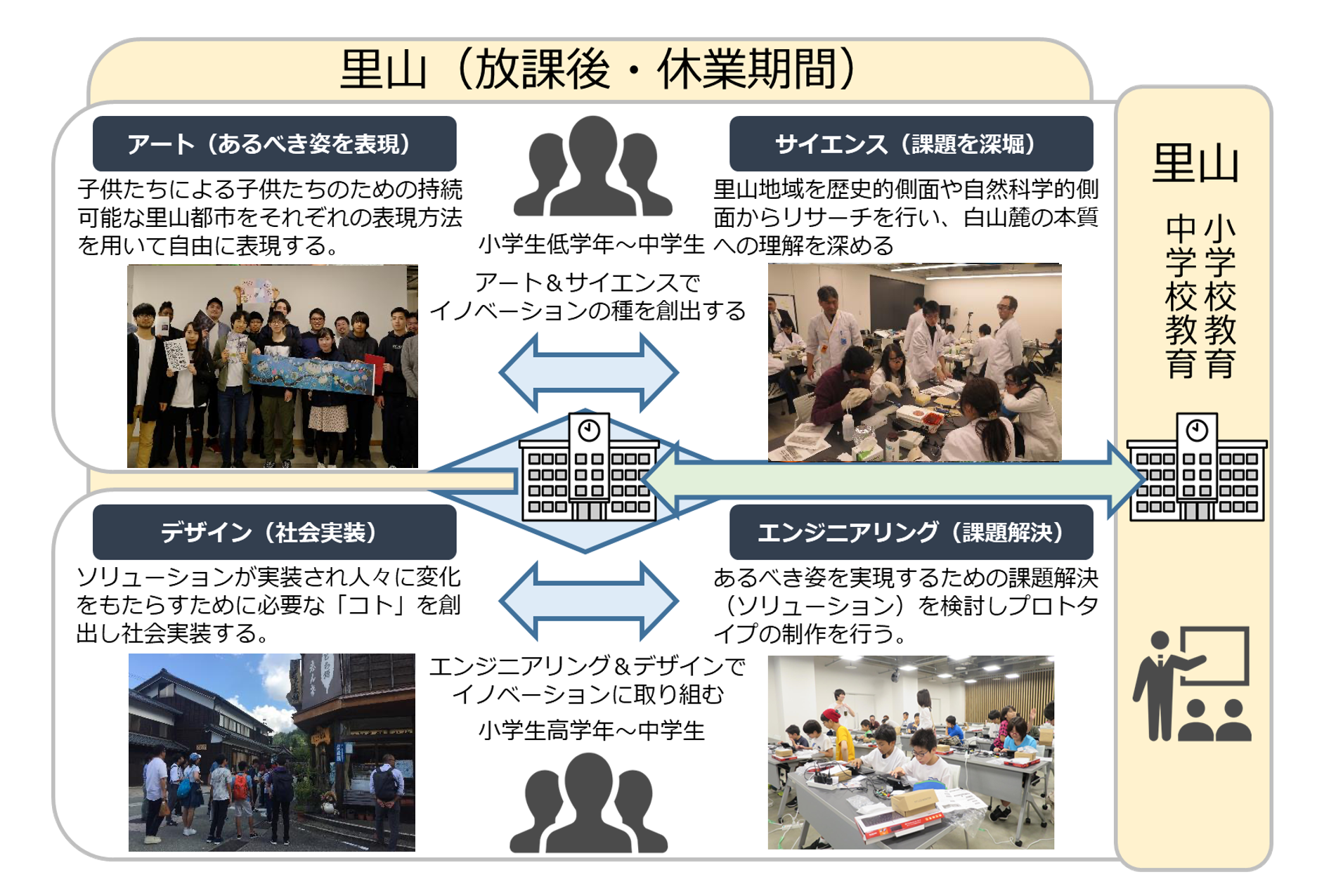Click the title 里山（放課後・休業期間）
tap(597, 70)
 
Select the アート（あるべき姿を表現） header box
tap(274, 144)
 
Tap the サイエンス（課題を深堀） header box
tap(911, 144)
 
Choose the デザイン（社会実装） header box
tap(274, 533)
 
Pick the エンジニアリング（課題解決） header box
tap(911, 533)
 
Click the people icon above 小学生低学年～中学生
tap(592, 167)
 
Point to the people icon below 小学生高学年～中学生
tap(589, 804)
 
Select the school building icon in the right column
tap(1196, 468)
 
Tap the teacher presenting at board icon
tap(1192, 684)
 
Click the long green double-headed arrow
tap(893, 480)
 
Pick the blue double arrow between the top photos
tap(589, 372)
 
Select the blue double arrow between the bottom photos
tap(589, 601)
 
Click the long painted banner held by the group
tap(312, 375)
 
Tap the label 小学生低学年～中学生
tap(591, 245)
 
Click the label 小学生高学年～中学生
tap(591, 731)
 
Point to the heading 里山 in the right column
tap(1195, 163)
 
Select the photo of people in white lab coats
tap(914, 363)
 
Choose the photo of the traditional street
tap(272, 752)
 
